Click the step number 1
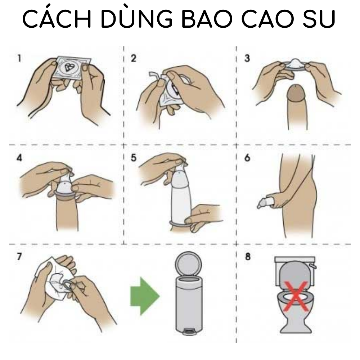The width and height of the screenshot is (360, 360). point(19,58)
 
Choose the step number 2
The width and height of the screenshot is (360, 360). point(134,58)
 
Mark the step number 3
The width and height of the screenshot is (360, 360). point(247,58)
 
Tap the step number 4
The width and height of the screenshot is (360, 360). point(19,158)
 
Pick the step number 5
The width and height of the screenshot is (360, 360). point(134,158)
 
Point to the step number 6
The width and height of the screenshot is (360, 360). point(247,158)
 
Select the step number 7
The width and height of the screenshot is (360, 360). point(19,256)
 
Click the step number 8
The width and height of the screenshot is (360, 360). point(248,256)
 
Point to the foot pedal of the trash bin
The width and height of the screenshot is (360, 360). point(189,331)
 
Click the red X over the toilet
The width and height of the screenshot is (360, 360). point(296,296)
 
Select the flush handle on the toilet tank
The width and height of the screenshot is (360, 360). point(313,266)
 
